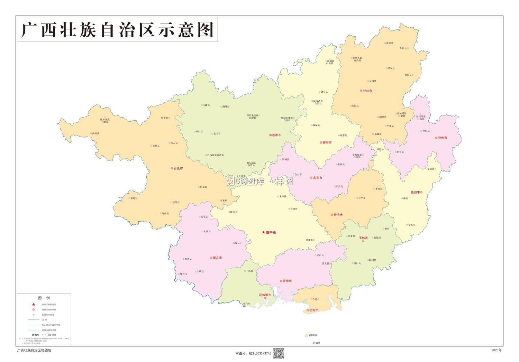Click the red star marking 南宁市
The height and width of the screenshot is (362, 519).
coord(263,233)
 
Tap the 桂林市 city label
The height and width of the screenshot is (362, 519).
coord(367,91)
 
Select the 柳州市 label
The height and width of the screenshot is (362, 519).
coord(327,142)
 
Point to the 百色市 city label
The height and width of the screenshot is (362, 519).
coord(178,168)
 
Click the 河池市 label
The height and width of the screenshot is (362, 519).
coord(273,135)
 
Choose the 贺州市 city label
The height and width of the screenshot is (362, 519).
coord(442,138)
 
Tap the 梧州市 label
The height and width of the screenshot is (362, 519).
coord(415,192)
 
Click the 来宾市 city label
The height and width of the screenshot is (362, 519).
coord(317,178)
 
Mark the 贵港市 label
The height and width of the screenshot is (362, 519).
coord(338,215)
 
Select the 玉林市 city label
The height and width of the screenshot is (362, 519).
coord(363,238)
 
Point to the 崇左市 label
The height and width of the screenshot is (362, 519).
coord(217,258)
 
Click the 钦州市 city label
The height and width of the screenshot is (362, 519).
coord(287,281)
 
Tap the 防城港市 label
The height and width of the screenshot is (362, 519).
coord(265,295)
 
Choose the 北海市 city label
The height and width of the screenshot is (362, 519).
coord(313,310)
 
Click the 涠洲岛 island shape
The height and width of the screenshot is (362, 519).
coord(307,335)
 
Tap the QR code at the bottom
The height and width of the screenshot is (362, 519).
coord(279,353)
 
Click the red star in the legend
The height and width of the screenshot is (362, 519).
coord(34,305)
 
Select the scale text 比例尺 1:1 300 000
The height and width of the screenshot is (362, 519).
coord(44,335)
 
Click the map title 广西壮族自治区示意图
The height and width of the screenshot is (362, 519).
coord(117,30)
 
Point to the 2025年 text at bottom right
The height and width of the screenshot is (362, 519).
coord(496,350)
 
